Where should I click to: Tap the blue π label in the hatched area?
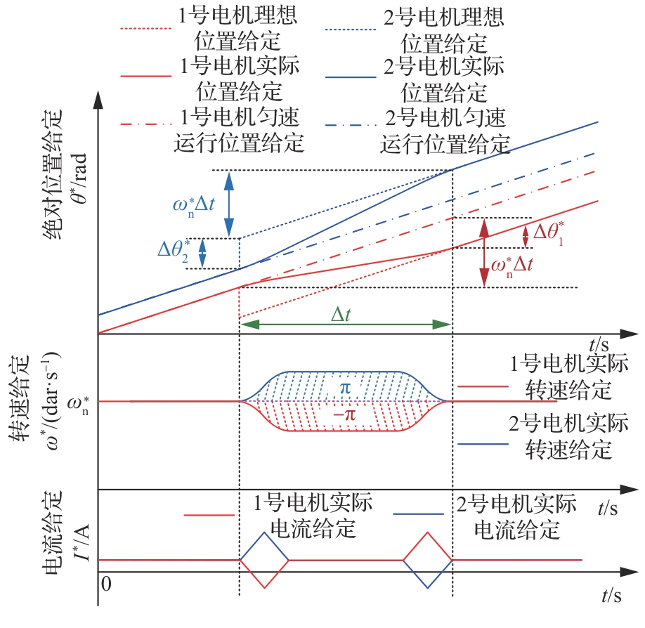point(344,388)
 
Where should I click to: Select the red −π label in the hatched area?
point(344,414)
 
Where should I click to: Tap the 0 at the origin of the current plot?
point(105,583)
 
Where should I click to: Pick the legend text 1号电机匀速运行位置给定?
point(239,129)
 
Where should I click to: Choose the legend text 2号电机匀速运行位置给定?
point(445,129)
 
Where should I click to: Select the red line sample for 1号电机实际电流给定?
point(209,515)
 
